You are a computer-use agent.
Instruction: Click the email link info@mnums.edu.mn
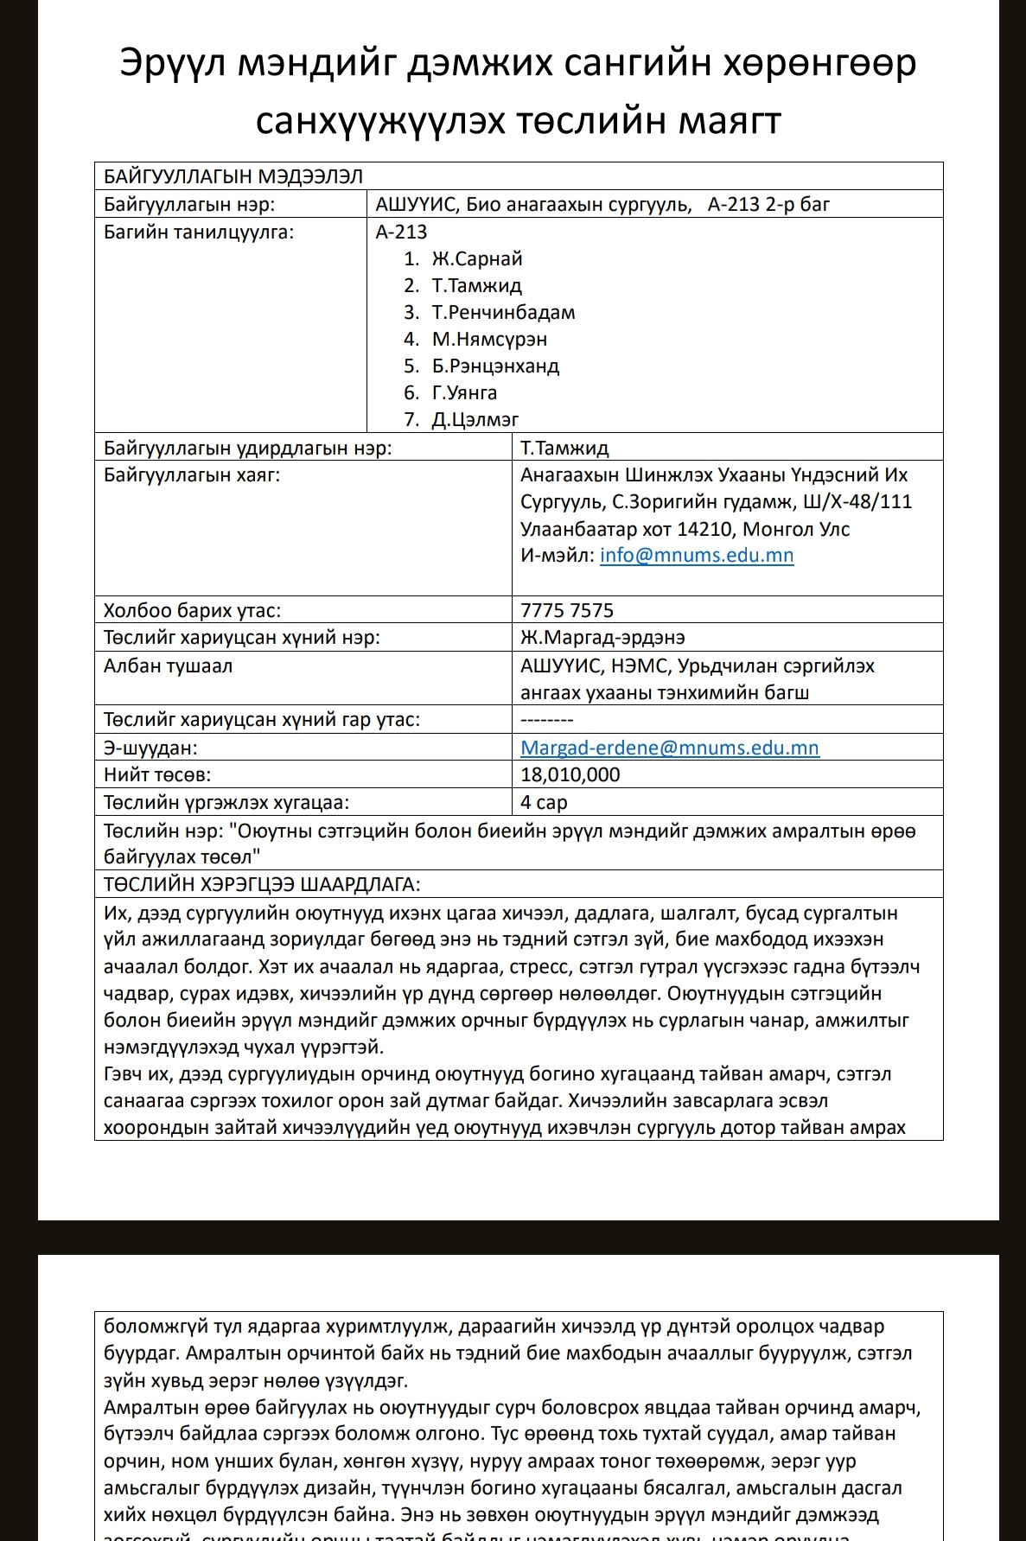(697, 556)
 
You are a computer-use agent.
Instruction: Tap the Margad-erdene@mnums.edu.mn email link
(670, 748)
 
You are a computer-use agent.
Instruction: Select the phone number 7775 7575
(567, 611)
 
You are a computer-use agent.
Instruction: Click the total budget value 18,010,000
(570, 775)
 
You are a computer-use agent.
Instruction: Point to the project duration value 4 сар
(544, 803)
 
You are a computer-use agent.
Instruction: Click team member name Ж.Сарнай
(477, 259)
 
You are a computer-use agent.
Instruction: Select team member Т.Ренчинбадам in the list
(503, 313)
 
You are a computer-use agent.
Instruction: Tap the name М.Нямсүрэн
(489, 340)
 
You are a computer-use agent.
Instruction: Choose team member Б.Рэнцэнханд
(495, 366)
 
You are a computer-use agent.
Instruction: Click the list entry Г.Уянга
(464, 393)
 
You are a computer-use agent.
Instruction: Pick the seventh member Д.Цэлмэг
(475, 420)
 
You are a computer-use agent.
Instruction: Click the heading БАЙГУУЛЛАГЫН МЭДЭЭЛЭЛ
(233, 177)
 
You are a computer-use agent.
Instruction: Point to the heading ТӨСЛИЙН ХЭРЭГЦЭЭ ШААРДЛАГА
(262, 885)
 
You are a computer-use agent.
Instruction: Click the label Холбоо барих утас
(192, 611)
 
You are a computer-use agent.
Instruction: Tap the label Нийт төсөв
(157, 775)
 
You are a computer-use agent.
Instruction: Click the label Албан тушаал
(168, 666)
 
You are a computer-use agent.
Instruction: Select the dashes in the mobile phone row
(547, 720)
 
